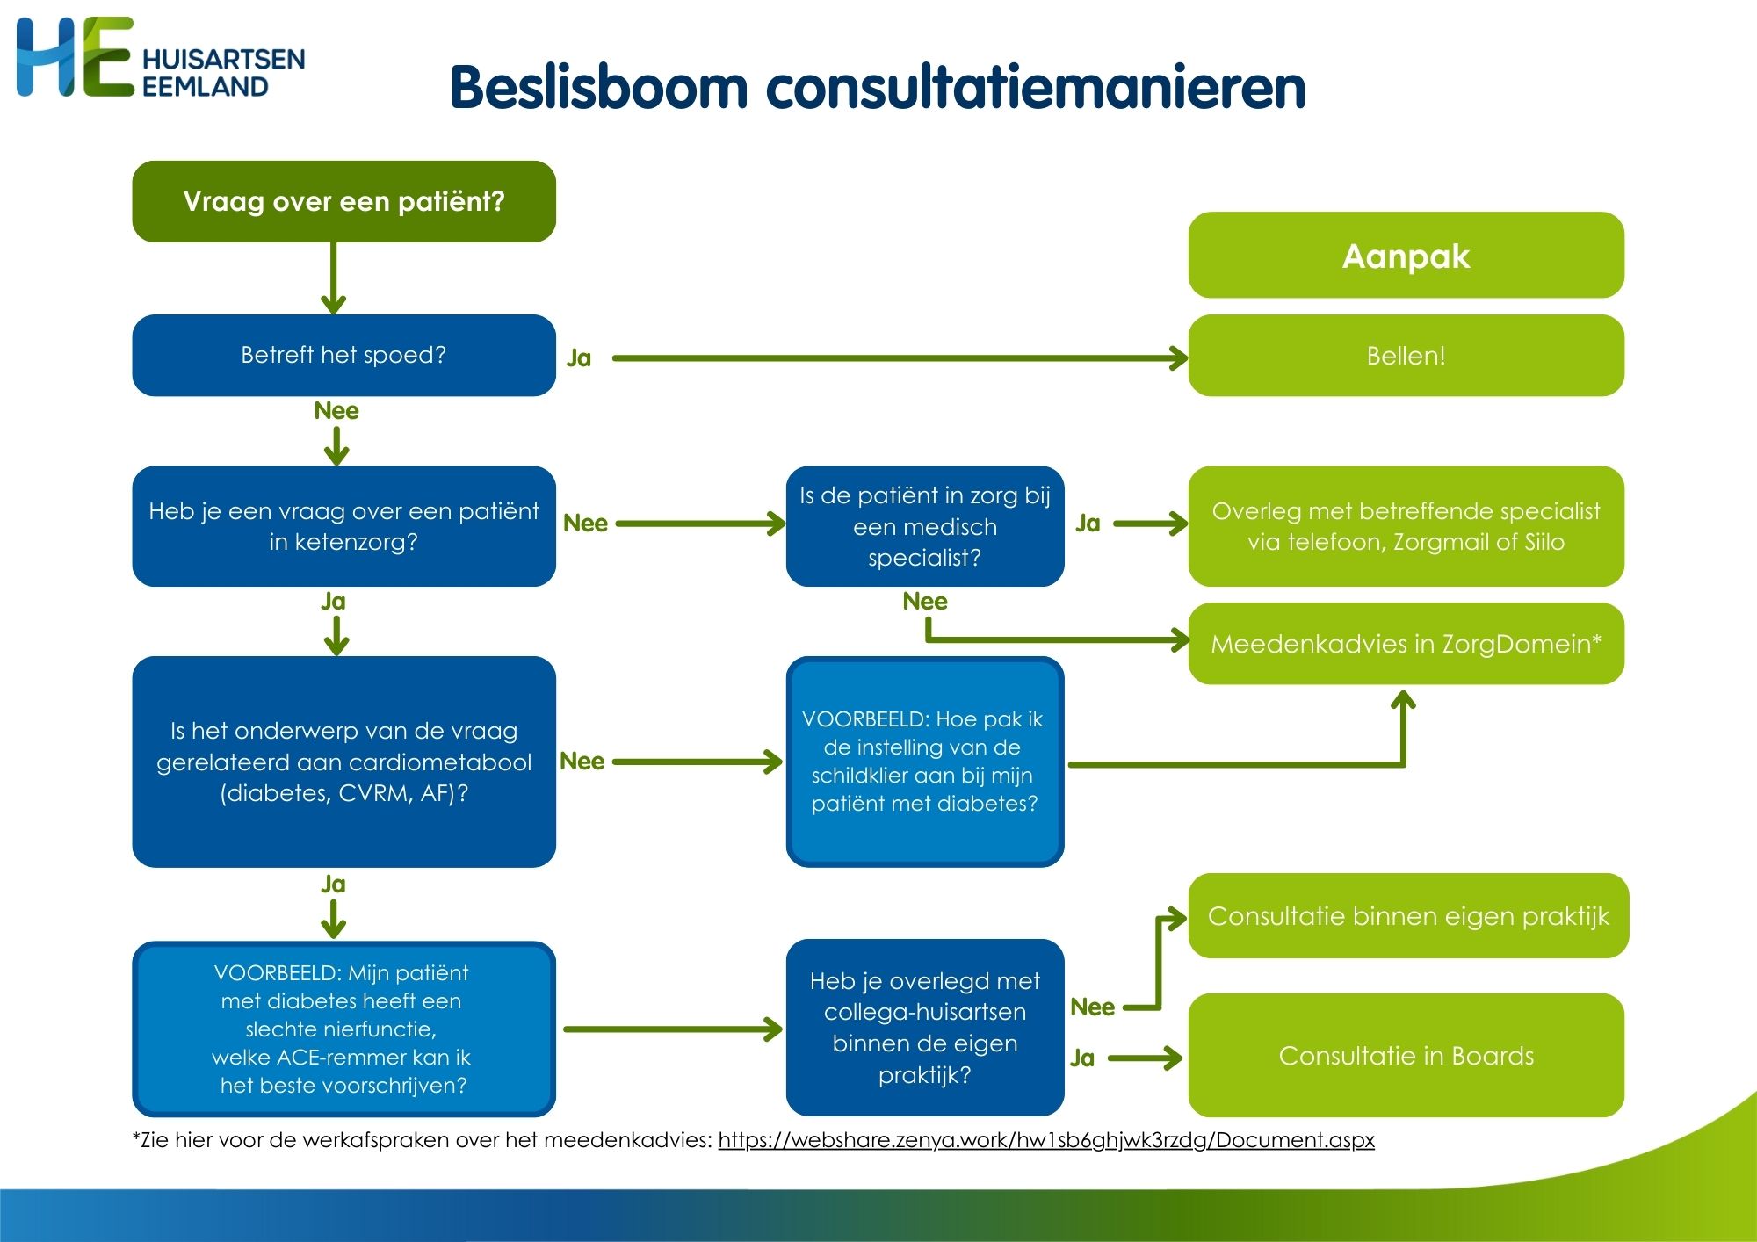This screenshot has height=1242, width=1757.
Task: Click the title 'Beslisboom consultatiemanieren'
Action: [x=877, y=88]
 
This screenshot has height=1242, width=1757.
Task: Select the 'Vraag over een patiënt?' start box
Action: [x=343, y=201]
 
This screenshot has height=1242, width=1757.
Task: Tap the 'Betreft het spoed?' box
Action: [x=343, y=355]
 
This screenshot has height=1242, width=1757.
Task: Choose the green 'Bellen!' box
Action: [x=1406, y=355]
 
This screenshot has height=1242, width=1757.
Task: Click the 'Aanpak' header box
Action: [x=1406, y=256]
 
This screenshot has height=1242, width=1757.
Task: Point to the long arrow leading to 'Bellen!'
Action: [x=896, y=358]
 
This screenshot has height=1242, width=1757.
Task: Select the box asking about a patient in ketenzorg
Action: [x=343, y=526]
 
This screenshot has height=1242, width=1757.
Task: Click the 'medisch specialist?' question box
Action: [x=925, y=526]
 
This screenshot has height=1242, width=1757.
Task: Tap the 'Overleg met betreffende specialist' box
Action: [x=1406, y=526]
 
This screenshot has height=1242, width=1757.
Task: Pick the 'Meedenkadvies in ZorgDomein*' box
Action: [x=1406, y=644]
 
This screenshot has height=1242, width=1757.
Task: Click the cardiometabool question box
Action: [x=343, y=762]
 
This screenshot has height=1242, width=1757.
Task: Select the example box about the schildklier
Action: [x=925, y=762]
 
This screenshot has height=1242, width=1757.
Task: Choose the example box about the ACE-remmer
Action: [x=343, y=1029]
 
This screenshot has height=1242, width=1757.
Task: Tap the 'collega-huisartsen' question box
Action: [x=925, y=1028]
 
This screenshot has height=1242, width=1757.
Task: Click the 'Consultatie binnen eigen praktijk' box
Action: [x=1408, y=916]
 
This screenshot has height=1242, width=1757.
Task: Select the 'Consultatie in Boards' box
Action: [x=1406, y=1055]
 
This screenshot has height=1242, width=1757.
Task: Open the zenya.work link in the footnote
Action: [x=1045, y=1140]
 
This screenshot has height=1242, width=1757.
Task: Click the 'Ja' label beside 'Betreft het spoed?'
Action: [x=579, y=358]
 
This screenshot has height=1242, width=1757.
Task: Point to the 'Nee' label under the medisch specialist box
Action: [x=925, y=602]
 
